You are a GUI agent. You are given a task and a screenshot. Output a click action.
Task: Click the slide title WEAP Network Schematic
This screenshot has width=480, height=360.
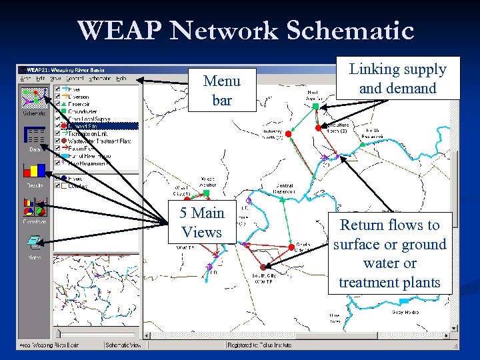tap(245, 31)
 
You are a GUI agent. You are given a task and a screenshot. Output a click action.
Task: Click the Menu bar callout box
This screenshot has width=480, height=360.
tap(221, 91)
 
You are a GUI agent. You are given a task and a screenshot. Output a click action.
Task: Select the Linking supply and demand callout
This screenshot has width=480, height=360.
tap(397, 79)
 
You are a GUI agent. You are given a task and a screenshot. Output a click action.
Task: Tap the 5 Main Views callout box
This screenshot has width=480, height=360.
tap(201, 223)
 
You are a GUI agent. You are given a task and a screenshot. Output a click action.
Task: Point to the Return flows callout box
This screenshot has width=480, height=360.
tap(390, 254)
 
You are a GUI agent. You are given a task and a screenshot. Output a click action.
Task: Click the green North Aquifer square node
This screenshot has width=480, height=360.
tap(315, 105)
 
